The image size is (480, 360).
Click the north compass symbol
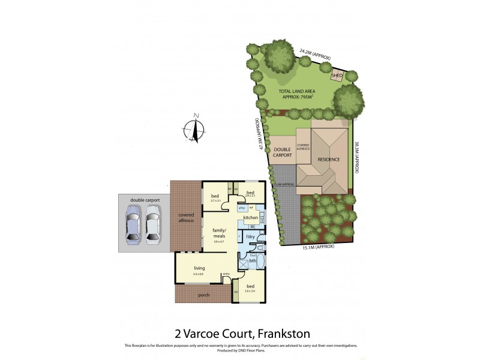coord(193,130)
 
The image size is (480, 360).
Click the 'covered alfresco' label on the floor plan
coord(185,218)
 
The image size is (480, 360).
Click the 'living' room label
coord(199,269)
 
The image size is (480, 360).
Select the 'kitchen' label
coord(250,217)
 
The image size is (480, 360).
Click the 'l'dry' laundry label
coord(250,237)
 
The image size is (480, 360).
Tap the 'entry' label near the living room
coord(226,274)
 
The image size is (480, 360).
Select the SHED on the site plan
coord(337,76)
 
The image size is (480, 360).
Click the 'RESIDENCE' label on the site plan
coord(329,159)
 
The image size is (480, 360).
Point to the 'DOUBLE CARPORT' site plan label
coord(283,152)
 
